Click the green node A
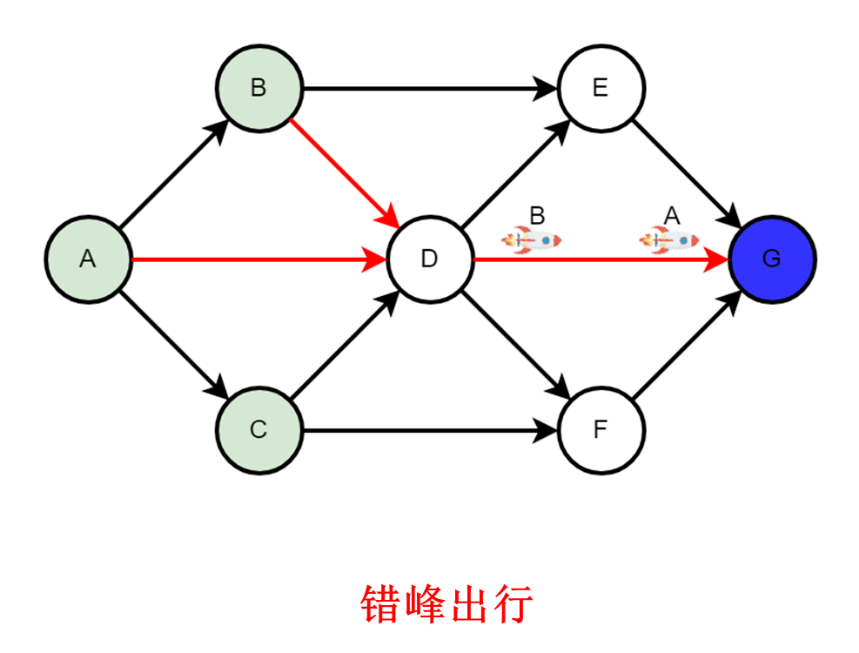[88, 259]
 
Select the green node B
[258, 88]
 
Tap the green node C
[258, 429]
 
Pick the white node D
[429, 259]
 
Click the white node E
[601, 88]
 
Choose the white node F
[601, 429]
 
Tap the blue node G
[772, 259]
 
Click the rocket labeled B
[532, 239]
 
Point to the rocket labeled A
[669, 239]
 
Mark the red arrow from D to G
[601, 259]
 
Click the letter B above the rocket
[537, 215]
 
